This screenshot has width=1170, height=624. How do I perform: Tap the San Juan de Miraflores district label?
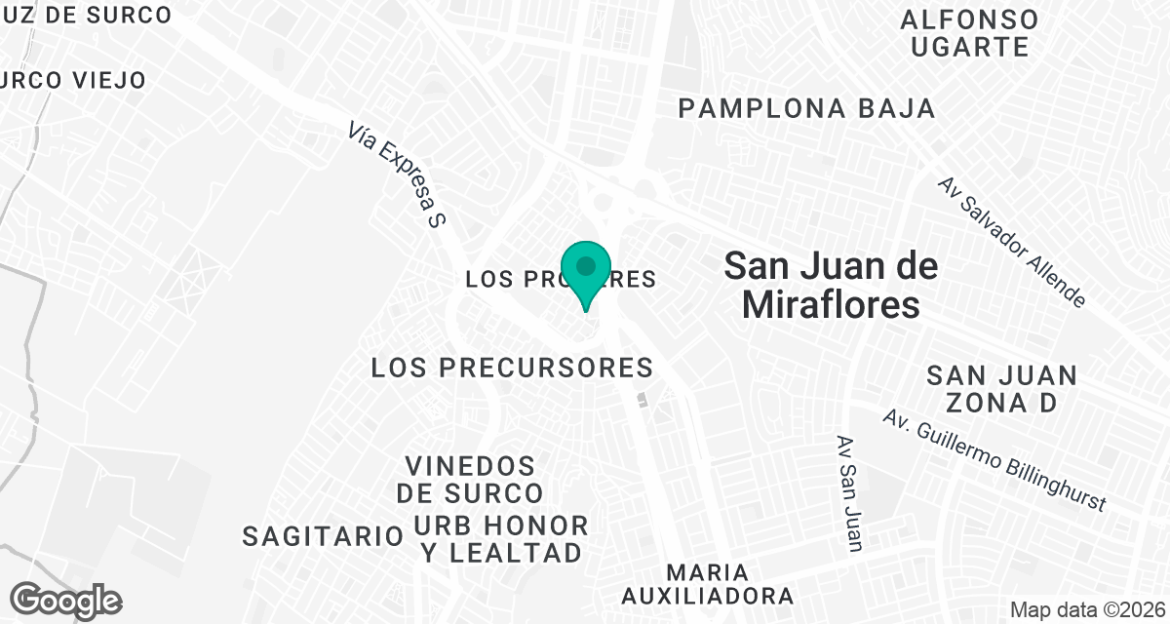point(831,285)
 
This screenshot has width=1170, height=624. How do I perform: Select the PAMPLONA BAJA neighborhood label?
point(806,108)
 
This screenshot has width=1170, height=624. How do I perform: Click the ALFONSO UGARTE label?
point(969,32)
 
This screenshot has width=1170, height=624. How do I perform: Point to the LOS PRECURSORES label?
point(512,368)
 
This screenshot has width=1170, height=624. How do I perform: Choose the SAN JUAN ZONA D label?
point(1001,389)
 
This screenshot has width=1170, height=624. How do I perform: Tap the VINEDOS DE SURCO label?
point(471,478)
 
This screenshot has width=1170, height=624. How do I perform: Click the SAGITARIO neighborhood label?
point(323,535)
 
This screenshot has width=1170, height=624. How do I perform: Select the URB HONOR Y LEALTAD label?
point(501,539)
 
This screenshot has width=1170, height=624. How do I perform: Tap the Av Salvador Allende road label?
point(1012,241)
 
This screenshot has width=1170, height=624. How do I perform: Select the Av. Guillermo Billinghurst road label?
point(994,460)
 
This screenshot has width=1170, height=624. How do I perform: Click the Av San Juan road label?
point(847,492)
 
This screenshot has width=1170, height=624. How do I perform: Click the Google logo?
point(66,600)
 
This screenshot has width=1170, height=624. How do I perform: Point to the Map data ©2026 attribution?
point(1084,609)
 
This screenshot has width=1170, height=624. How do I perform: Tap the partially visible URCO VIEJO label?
point(74,80)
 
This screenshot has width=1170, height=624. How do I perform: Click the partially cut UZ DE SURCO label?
point(86,15)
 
